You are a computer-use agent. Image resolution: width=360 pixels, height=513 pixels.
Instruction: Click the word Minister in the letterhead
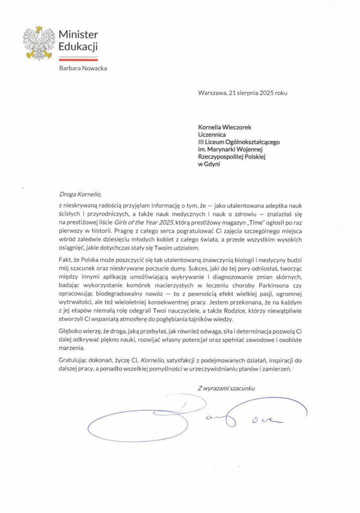click(x=78, y=35)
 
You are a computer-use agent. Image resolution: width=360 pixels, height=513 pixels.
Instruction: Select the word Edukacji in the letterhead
click(x=78, y=47)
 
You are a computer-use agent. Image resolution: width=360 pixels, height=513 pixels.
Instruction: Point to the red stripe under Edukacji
click(x=78, y=59)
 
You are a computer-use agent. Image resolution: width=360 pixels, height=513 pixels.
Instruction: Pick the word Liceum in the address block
click(x=216, y=142)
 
